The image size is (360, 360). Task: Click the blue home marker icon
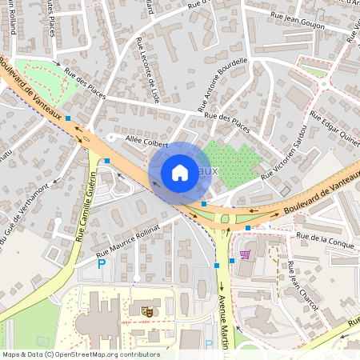pos(180,172)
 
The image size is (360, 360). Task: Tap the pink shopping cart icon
pos(245,255)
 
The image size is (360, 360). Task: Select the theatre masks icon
pos(146,310)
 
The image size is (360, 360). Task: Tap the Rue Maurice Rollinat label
pos(129,238)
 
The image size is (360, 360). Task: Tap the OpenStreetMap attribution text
pos(80,354)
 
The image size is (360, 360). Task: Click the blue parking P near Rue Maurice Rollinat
pos(101,263)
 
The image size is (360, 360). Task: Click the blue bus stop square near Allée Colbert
pos(106,161)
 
